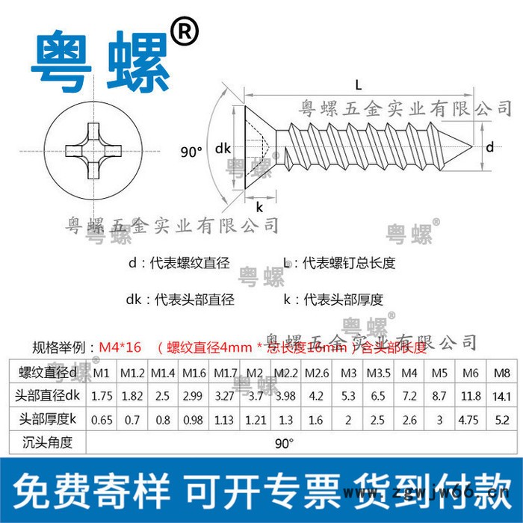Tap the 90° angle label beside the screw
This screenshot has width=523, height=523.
coord(192,152)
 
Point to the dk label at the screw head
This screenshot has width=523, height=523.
coord(223,148)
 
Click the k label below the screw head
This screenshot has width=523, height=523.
coord(259,206)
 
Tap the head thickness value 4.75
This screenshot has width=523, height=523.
coord(470,420)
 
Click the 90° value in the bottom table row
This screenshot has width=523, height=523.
coord(284,444)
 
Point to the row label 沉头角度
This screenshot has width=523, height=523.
coord(48,442)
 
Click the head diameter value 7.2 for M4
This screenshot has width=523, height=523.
coord(409,396)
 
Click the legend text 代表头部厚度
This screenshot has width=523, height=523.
coord(343,300)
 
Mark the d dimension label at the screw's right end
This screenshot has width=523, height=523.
coord(489,147)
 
